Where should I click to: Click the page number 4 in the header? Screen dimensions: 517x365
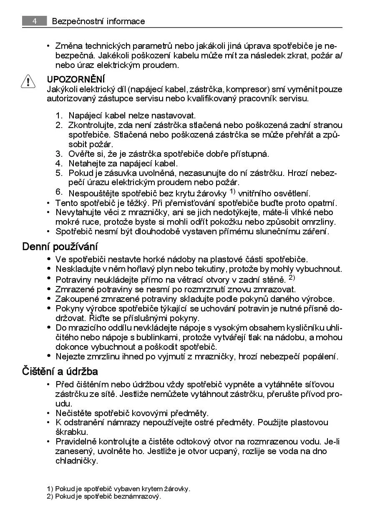click(34, 21)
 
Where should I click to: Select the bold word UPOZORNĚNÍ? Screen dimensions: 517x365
click(76, 79)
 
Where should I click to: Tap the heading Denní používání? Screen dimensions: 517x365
click(60, 246)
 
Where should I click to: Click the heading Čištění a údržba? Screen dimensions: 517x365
click(60, 371)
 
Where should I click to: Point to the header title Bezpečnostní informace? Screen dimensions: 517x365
click(98, 21)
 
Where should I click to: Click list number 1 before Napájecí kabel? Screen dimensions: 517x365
click(59, 115)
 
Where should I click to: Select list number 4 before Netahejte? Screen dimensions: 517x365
click(59, 163)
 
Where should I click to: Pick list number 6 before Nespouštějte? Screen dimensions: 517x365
click(59, 192)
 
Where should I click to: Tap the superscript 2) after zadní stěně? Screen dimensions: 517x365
click(292, 278)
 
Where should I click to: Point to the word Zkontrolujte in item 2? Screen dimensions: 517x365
click(92, 125)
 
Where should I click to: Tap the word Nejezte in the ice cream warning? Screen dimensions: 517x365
click(69, 356)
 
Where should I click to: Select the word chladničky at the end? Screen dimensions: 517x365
click(76, 461)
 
